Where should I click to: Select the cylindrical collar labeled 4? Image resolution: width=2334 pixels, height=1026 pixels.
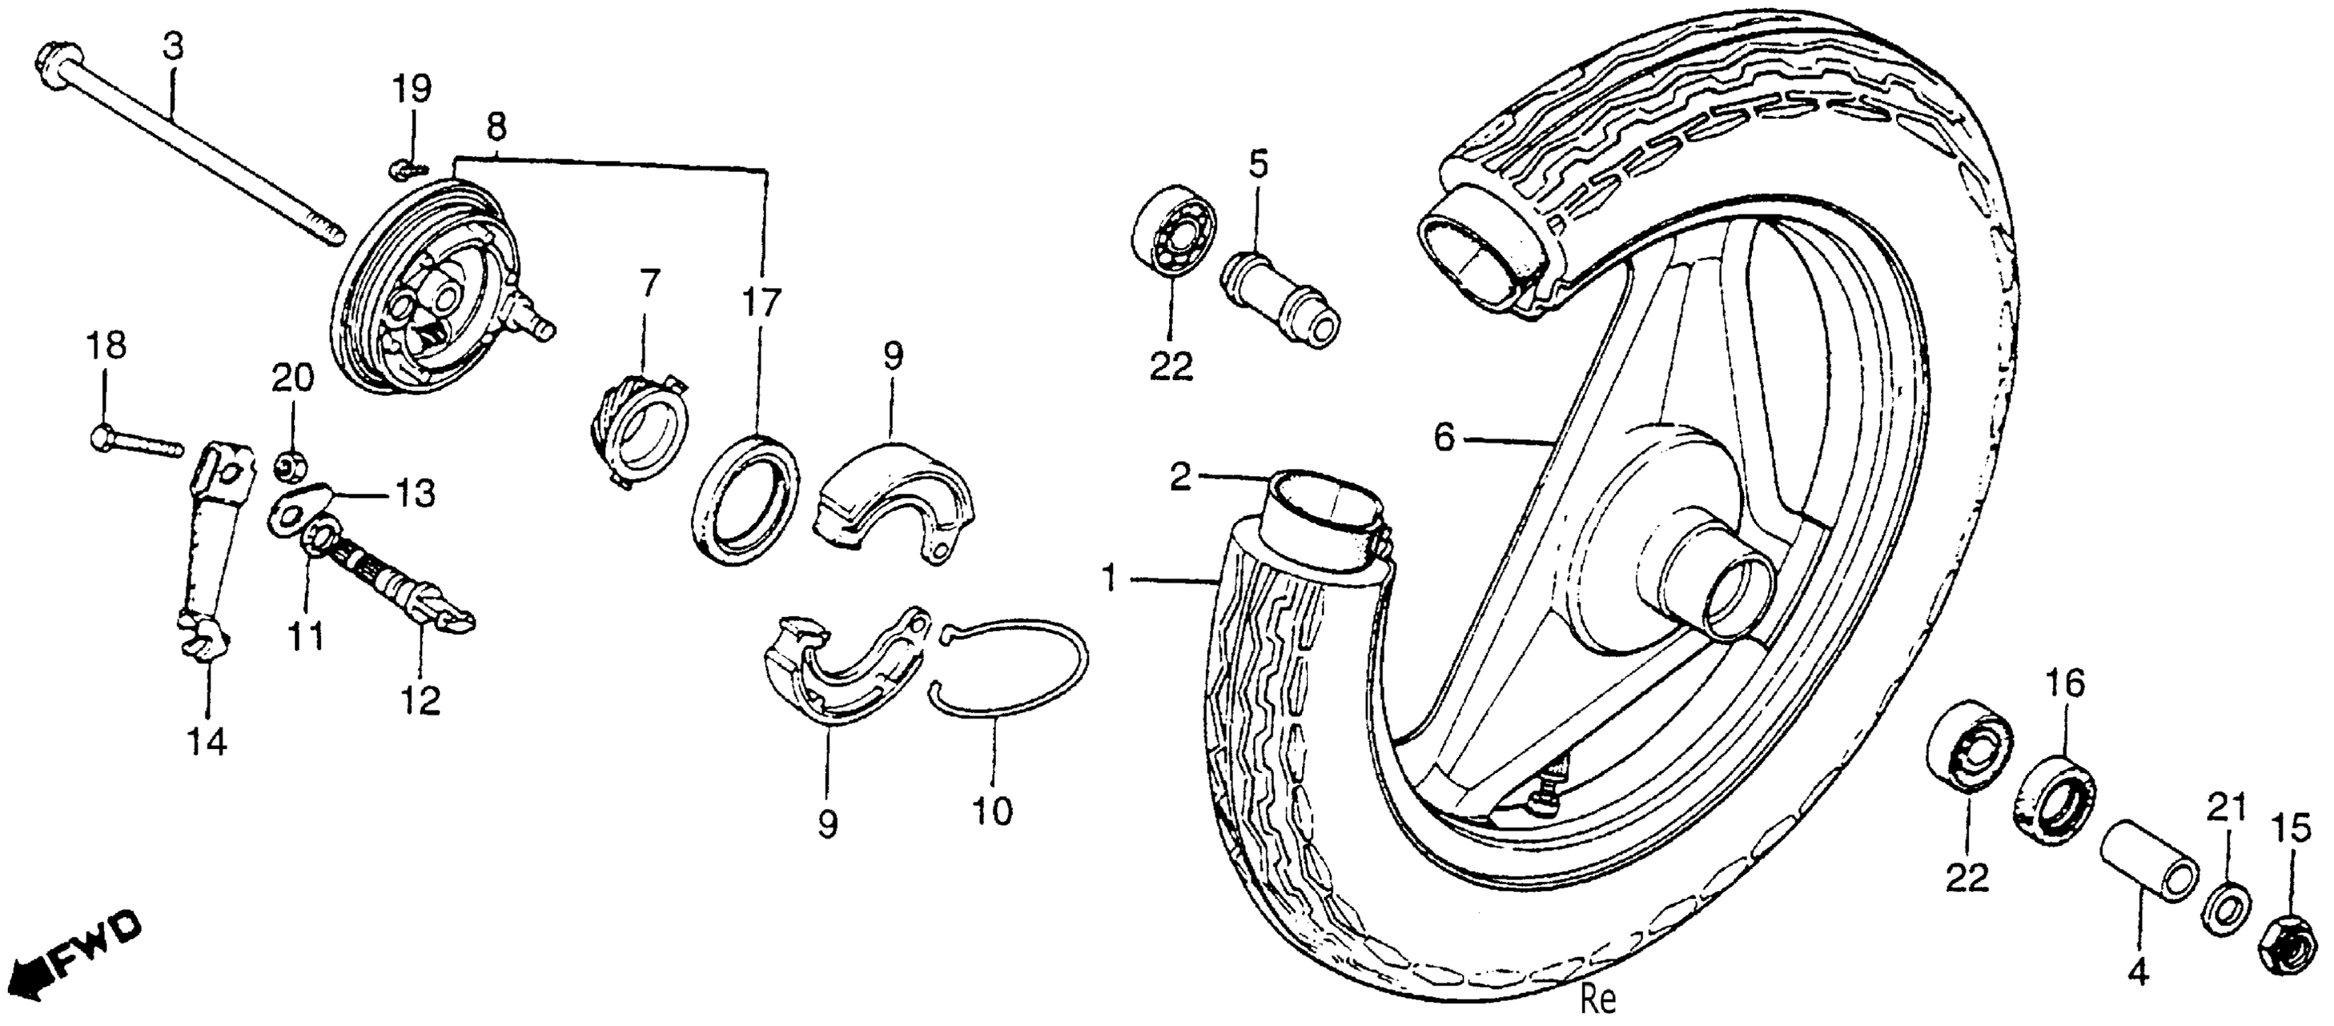[x=2149, y=871]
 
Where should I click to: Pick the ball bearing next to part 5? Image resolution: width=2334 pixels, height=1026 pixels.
[x=1173, y=232]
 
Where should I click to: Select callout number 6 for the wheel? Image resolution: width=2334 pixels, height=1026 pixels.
[x=1443, y=438]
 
